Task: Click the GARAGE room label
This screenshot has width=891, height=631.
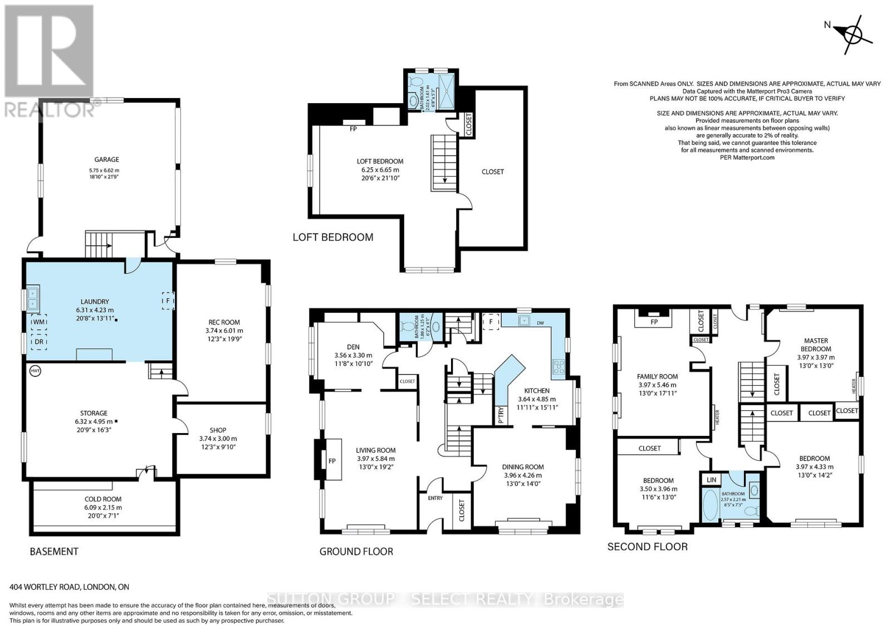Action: click(106, 159)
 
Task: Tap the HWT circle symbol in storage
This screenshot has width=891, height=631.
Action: click(35, 370)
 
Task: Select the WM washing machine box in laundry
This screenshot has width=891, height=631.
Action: click(38, 323)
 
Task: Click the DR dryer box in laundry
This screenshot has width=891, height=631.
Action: click(39, 342)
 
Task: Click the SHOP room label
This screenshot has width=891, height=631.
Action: click(218, 430)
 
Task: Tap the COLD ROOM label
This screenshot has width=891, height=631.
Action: click(103, 499)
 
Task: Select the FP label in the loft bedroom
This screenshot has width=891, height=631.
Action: click(353, 129)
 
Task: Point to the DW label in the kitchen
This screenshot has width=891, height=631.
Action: click(540, 323)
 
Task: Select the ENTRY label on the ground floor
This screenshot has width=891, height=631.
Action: click(435, 498)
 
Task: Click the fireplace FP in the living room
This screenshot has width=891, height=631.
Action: click(332, 460)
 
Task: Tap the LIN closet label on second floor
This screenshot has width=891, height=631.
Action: click(711, 479)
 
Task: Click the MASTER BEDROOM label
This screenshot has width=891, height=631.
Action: click(816, 344)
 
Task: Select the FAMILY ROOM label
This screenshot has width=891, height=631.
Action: click(657, 376)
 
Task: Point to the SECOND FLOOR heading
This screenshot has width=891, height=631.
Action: click(647, 546)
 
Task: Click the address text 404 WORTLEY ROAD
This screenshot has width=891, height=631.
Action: click(69, 587)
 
